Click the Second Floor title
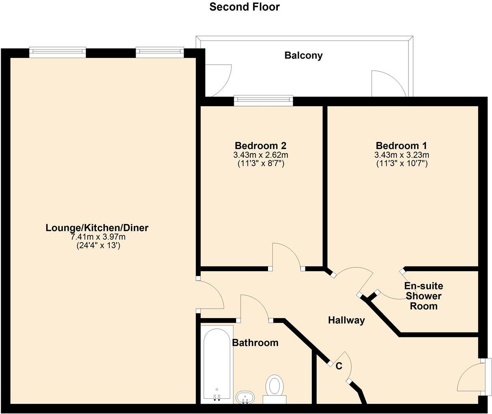(x=244, y=7)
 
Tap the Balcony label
(x=303, y=55)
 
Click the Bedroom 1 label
(x=401, y=146)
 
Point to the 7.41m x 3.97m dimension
(x=98, y=237)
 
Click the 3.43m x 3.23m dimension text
(x=401, y=155)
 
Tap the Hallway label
(x=346, y=320)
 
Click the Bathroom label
(x=255, y=343)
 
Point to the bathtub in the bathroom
(x=216, y=363)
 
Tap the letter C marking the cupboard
(x=339, y=366)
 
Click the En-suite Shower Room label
(x=423, y=296)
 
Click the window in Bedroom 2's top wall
(x=263, y=101)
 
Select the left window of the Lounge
(x=57, y=52)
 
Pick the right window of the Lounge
(x=160, y=52)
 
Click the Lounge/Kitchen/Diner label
(x=97, y=228)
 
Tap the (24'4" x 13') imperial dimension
(x=98, y=245)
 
